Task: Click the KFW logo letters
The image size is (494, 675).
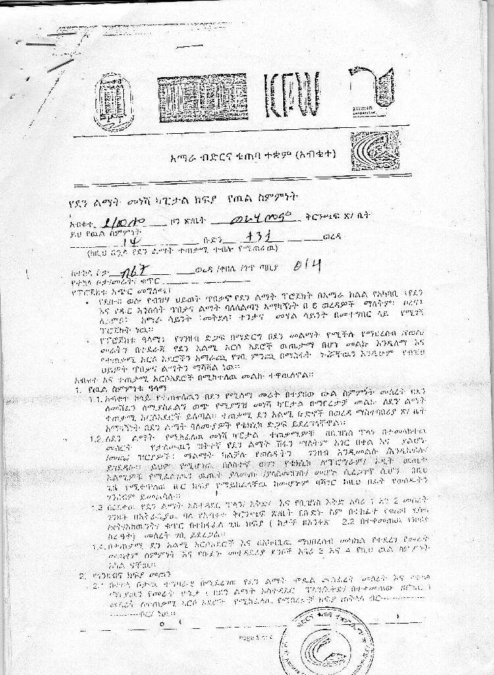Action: coord(292,95)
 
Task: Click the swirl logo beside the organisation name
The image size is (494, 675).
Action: coord(375,151)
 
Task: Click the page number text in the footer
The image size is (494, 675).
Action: coord(254,637)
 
